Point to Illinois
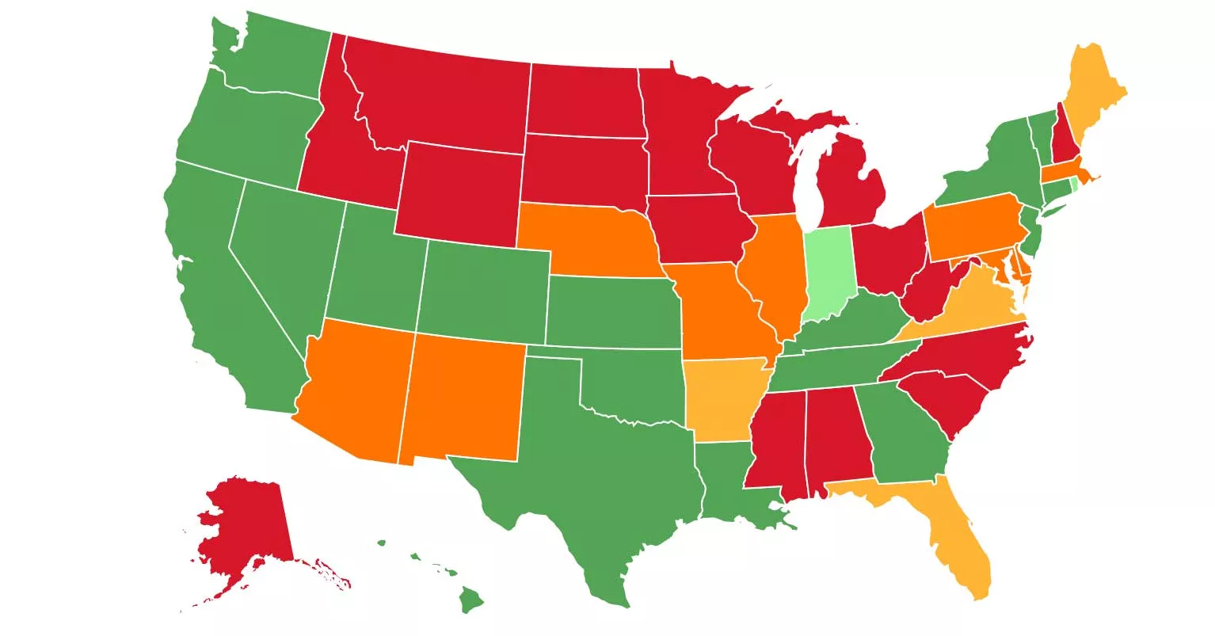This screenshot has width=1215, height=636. click(772, 269)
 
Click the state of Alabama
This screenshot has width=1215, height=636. click(836, 436)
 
